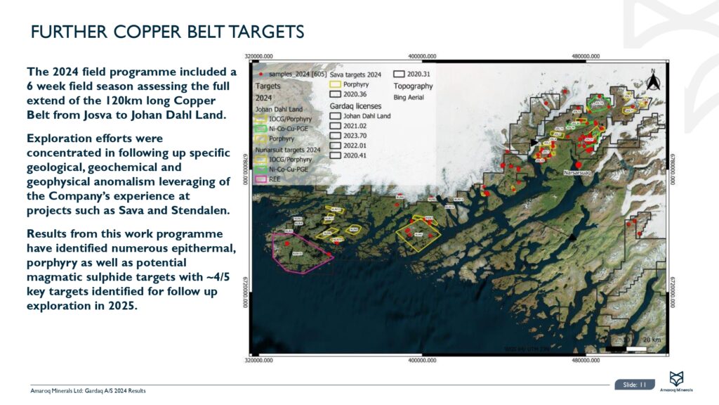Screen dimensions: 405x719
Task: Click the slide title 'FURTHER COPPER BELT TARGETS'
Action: (x=168, y=32)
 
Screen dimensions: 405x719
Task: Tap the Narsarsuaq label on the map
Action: (x=579, y=172)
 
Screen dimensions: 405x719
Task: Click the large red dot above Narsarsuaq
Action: (x=578, y=163)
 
